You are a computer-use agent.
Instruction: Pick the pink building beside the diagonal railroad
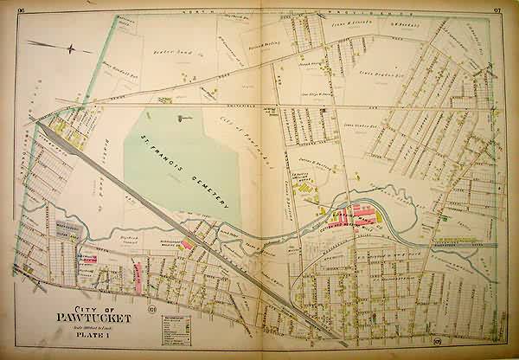click(x=185, y=244)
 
